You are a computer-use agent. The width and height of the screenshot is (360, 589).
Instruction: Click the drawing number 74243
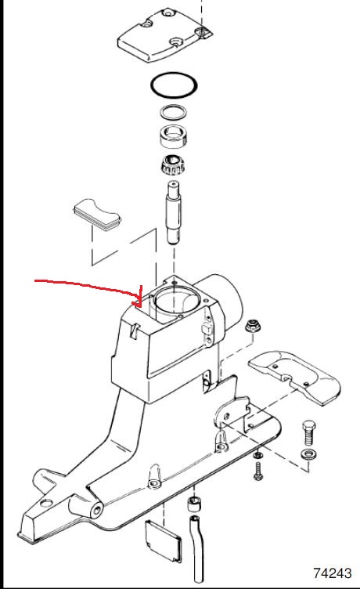[x=333, y=573]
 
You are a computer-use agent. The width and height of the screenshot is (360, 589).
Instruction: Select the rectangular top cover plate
[x=165, y=36]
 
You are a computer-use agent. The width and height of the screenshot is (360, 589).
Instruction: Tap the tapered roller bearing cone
[x=173, y=164]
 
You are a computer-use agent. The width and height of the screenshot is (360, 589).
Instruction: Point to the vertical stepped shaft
[x=174, y=212]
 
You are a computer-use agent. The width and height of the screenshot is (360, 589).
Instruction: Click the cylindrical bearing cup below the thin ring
[x=173, y=136]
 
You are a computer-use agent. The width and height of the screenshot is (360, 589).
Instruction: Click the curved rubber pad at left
[x=97, y=212]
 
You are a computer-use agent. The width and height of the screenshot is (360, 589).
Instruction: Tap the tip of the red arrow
[x=141, y=306]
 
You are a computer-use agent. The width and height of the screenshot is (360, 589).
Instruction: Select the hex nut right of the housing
[x=252, y=327]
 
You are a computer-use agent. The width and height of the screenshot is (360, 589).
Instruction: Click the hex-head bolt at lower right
[x=309, y=432]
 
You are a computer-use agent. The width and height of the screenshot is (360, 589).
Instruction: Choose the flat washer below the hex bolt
[x=310, y=453]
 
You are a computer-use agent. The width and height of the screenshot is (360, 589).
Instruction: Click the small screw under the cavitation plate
[x=257, y=470]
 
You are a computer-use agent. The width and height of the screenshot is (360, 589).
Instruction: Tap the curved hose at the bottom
[x=197, y=548]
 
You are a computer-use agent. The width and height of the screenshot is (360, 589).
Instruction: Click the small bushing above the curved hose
[x=194, y=504]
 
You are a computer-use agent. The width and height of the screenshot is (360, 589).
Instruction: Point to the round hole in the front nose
[x=98, y=510]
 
